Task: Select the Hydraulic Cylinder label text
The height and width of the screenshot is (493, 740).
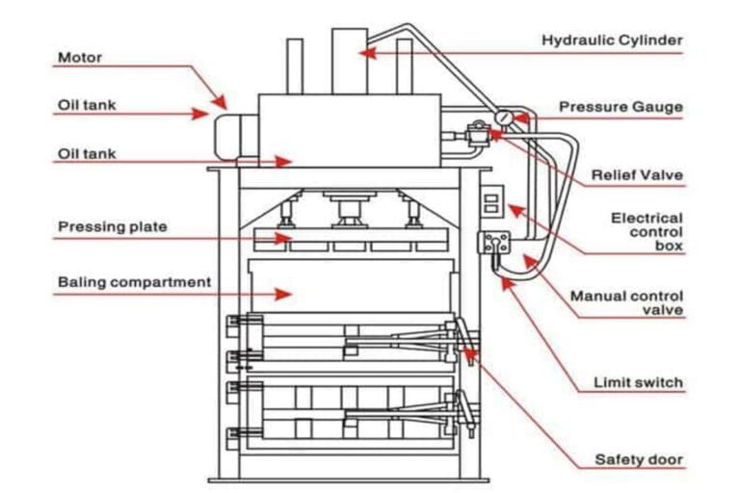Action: (612, 40)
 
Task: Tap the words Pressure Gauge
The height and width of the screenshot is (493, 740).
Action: (622, 106)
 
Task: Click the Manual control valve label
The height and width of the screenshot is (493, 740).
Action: (626, 302)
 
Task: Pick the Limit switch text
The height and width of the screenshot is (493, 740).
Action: (637, 382)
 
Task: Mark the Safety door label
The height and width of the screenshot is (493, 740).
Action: (639, 459)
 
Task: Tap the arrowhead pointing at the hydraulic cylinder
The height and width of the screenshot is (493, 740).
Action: (365, 53)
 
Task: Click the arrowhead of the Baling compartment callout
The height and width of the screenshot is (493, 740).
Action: (288, 292)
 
